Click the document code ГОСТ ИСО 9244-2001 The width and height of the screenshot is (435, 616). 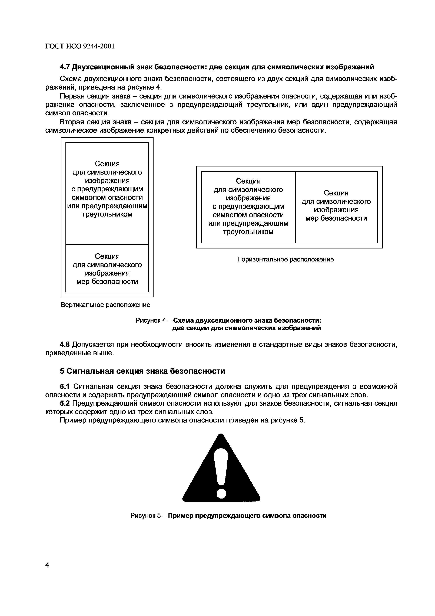80,46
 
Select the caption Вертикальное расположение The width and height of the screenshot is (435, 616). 105,305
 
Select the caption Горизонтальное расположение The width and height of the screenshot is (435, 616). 286,259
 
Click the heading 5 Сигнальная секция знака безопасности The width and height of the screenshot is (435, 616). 142,371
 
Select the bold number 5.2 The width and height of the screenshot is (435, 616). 65,403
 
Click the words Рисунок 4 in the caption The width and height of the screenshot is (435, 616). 151,320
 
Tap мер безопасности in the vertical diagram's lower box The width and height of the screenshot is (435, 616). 107,282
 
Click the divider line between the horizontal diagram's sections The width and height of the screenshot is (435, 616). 295,207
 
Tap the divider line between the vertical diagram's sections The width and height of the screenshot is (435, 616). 107,244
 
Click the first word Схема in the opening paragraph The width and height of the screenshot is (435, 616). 71,79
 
